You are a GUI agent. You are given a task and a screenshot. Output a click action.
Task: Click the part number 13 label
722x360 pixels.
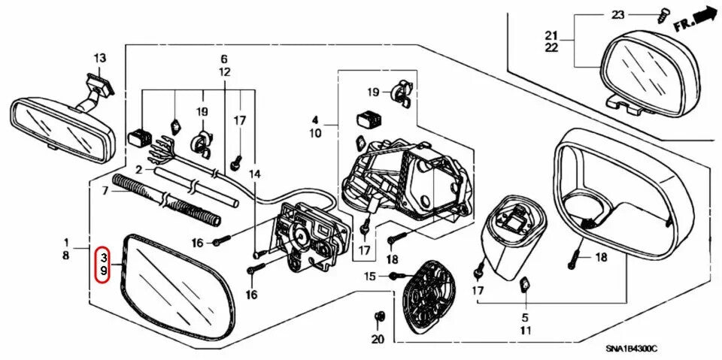pos(100,58)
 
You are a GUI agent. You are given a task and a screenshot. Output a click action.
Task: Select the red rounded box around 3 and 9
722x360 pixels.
pos(104,263)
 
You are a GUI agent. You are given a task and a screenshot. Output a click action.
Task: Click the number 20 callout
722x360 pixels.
pos(378,339)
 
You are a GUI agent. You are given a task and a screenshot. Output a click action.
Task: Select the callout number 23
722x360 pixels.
pos(618,14)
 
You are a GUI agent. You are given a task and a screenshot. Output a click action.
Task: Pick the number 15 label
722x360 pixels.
pos(369,277)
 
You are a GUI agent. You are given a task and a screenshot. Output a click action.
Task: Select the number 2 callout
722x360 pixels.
pos(139,170)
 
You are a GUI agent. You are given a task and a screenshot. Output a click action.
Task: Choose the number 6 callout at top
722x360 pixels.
pos(223,59)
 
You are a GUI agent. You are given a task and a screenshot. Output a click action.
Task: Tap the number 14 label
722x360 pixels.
pos(256,174)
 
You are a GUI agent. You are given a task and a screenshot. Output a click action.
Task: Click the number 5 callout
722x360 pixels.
pos(526,318)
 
